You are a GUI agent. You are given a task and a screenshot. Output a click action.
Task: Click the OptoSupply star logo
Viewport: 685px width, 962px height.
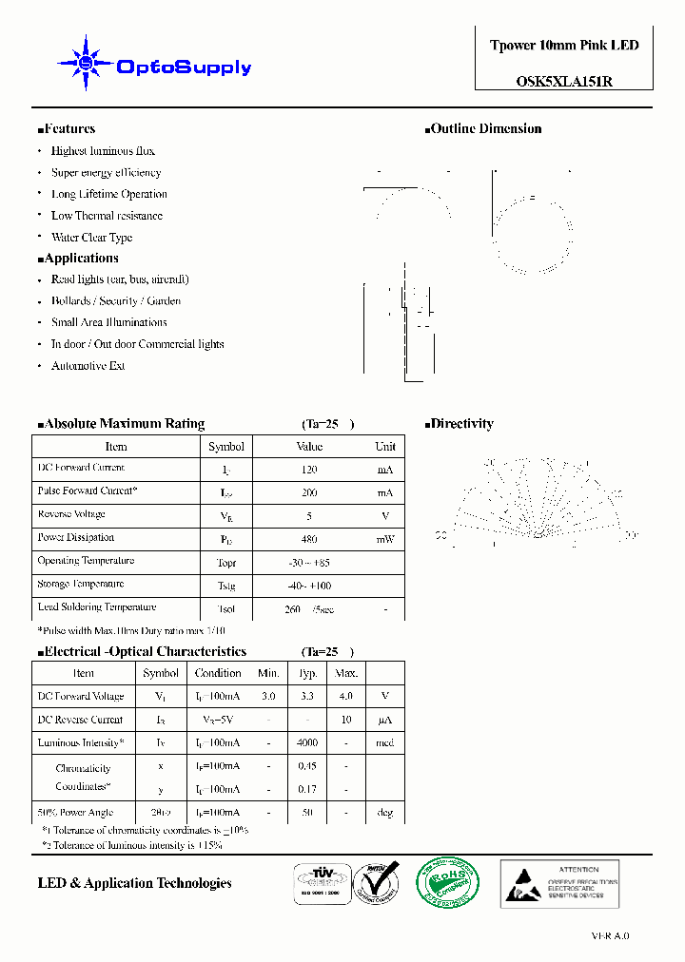tap(87, 64)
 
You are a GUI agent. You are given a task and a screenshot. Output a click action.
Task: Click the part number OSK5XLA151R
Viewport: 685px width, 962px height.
tap(563, 81)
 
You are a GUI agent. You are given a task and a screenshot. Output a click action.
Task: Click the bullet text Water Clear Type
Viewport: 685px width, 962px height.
tap(91, 238)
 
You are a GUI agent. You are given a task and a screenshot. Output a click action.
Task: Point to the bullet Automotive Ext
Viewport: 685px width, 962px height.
tap(88, 366)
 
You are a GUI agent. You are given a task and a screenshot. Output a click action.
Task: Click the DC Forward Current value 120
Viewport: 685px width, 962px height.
tap(309, 470)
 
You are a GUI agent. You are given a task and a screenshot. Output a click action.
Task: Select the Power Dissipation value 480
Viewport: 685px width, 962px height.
tap(309, 539)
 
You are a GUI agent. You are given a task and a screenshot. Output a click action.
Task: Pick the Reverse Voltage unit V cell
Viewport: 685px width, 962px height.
tap(385, 516)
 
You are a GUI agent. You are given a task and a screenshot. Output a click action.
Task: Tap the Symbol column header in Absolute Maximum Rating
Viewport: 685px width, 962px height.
tap(226, 446)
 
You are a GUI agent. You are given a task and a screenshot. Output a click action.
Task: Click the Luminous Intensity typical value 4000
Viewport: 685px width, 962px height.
tap(308, 743)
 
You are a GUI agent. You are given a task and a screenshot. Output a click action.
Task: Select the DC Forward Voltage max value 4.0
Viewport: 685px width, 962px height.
tap(346, 697)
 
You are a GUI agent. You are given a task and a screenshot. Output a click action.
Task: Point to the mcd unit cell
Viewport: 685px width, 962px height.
tap(385, 743)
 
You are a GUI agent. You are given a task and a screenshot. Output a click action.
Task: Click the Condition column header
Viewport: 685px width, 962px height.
tap(218, 673)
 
